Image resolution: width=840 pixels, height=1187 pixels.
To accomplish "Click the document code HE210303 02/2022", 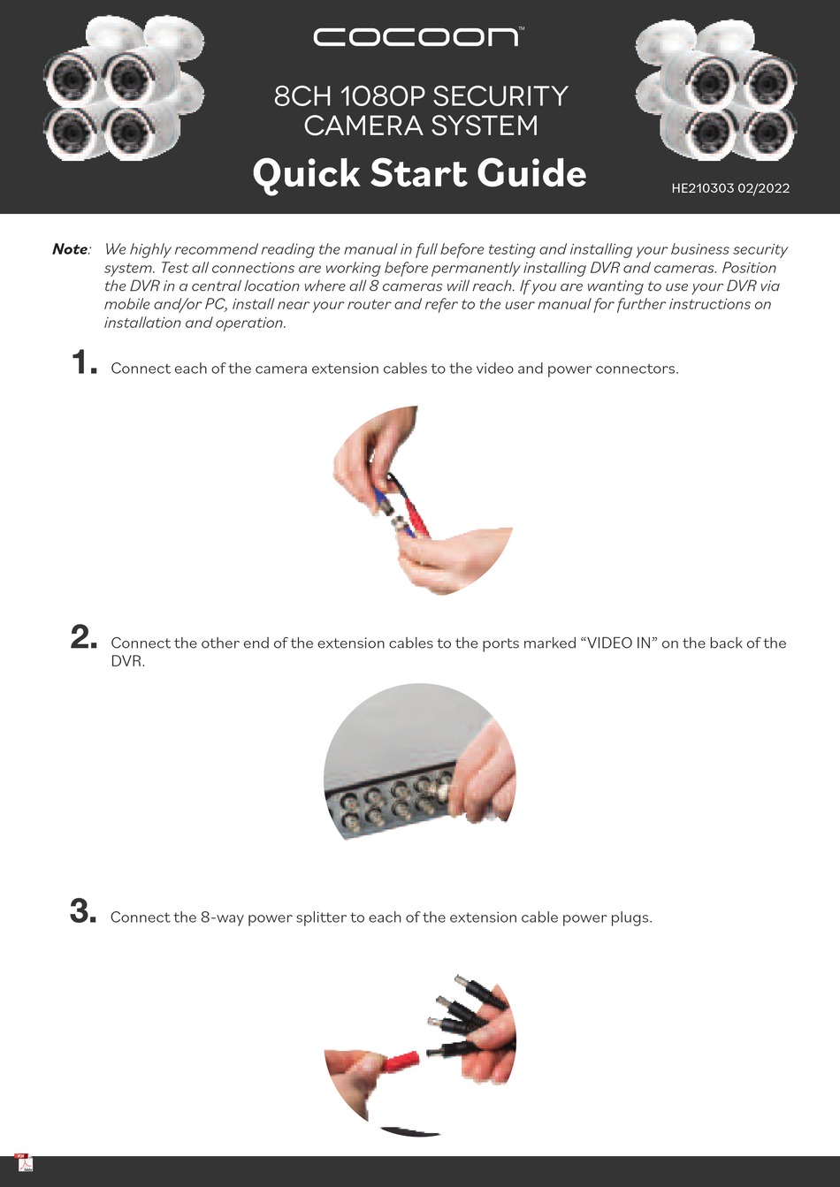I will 730,188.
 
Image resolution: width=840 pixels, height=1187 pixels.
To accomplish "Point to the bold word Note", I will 70,249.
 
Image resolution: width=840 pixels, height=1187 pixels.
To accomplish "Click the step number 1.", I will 84,363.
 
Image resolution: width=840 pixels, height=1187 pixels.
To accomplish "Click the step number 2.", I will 84,637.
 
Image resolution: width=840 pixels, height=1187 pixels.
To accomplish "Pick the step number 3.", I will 84,911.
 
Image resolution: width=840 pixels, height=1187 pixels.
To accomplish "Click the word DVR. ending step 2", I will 127,661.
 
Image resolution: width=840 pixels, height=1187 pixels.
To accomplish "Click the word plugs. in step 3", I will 631,917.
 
